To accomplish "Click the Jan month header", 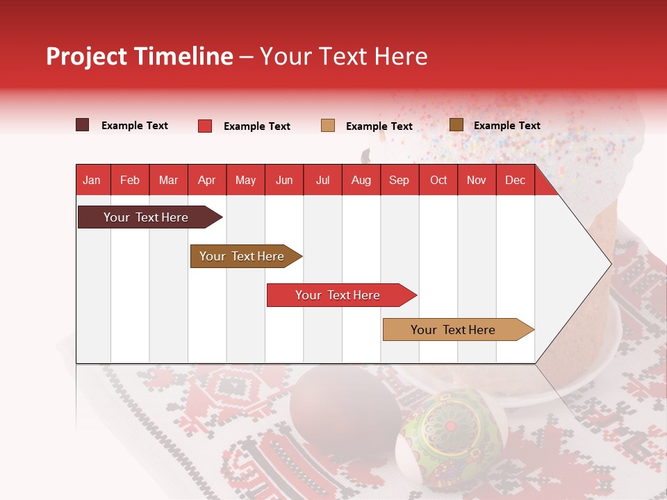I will [92, 181].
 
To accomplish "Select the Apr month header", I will [207, 181].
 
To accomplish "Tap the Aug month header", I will [361, 181].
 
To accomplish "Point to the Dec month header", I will [515, 181].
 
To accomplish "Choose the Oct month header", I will [438, 181].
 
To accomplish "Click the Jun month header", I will [284, 181].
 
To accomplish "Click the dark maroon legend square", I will [83, 125].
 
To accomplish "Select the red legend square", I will [205, 126].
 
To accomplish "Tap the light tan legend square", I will [328, 126].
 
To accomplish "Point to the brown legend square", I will [456, 125].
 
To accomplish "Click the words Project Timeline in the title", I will [139, 56].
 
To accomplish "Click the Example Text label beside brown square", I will [507, 126].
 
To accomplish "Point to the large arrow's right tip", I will [609, 264].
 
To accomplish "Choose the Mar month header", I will [168, 181].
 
